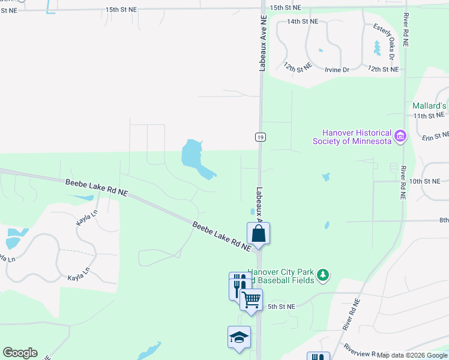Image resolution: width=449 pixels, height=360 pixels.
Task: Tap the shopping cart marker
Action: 252,299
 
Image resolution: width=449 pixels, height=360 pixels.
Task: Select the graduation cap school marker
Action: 239,337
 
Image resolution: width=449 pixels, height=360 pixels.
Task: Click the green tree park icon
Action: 324,275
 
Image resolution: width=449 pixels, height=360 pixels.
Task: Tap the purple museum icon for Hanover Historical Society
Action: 400,137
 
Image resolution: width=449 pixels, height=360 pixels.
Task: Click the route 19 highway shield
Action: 260,137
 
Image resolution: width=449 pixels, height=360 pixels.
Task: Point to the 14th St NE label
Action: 302,21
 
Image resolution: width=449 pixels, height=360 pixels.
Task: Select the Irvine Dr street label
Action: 337,70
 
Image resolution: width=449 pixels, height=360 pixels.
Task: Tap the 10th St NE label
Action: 424,181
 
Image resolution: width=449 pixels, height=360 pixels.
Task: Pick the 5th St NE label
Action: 282,307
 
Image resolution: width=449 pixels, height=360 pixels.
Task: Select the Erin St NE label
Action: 435,137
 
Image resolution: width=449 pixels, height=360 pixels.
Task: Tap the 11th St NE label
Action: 429,115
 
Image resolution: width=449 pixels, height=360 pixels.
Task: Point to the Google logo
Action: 20,353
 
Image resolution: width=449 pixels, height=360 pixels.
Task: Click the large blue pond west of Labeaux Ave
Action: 196,158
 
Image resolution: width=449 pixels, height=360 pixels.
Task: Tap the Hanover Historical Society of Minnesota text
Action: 357,137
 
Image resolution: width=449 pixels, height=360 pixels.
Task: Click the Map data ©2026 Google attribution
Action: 412,355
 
